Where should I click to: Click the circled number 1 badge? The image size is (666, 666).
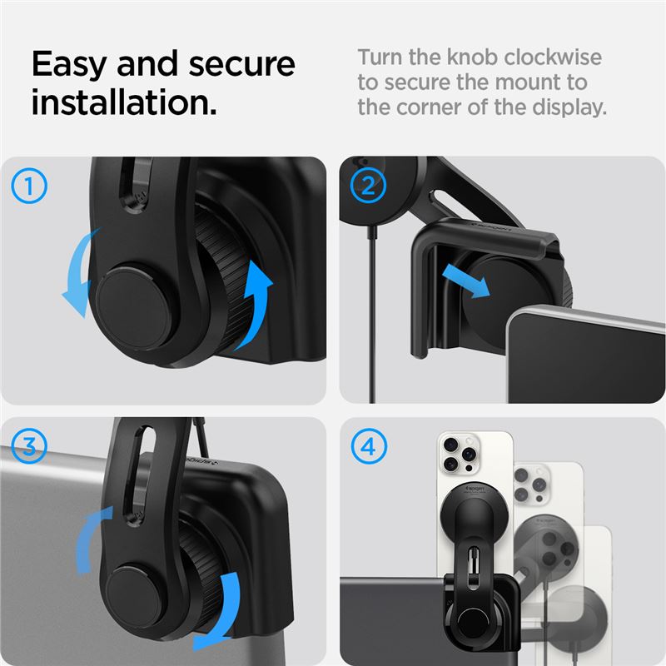point(29,186)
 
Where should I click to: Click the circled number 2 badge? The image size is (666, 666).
point(368,186)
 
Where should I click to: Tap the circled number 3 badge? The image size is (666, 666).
point(29,446)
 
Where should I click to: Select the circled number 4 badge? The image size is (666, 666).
point(369,446)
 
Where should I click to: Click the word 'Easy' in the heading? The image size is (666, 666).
point(69,65)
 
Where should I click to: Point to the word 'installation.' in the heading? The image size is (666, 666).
point(124,102)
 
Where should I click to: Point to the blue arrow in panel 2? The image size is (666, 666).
point(466,281)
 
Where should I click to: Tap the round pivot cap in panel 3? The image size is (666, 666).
point(134,597)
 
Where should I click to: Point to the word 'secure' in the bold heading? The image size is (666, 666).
point(241,65)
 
